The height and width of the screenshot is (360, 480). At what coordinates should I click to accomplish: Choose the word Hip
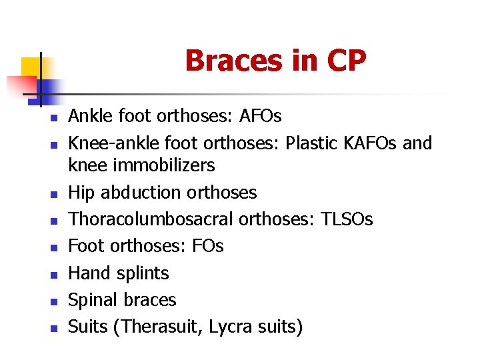(81, 193)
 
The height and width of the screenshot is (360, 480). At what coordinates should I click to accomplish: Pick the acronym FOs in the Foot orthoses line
(207, 246)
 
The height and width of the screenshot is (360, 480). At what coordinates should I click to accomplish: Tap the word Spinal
(93, 300)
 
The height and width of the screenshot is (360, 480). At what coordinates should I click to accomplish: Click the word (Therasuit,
(161, 327)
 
